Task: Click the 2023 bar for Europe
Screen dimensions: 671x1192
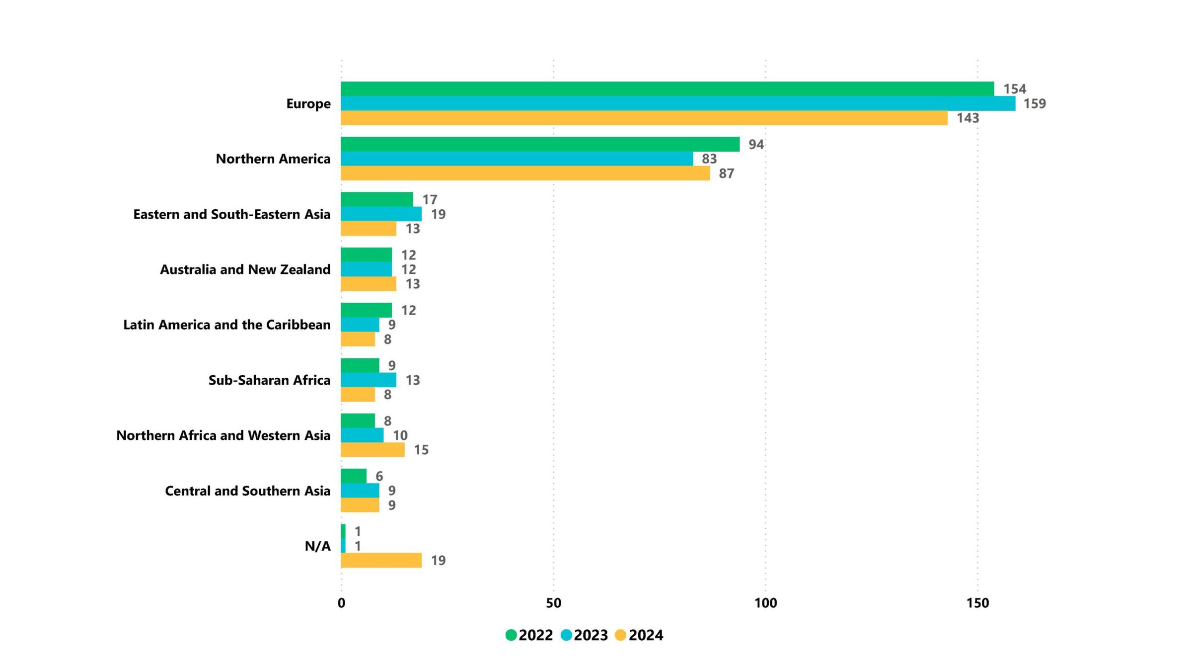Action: point(678,103)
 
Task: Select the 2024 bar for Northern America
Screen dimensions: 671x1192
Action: point(525,173)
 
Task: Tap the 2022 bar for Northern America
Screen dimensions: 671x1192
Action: point(540,144)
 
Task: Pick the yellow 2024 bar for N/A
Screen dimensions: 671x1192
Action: point(381,560)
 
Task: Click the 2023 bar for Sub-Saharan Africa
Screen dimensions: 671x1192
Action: point(369,380)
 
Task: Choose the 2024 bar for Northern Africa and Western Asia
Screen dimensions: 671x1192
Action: point(372,450)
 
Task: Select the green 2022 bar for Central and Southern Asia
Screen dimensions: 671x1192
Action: point(354,476)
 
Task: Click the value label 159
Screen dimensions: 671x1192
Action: point(1035,103)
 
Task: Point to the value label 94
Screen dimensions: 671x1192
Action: point(756,144)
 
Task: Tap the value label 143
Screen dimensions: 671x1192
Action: point(968,118)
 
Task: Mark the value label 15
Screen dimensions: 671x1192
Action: point(421,450)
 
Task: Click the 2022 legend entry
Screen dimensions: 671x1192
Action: point(529,635)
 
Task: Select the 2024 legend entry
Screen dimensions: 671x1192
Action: point(639,635)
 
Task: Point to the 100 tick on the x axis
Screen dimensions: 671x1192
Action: point(765,603)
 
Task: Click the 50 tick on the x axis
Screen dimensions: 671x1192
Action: point(553,603)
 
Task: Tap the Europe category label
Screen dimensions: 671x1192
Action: point(308,103)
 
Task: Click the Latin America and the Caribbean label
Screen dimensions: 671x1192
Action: point(226,325)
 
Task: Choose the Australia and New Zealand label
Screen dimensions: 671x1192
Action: point(245,269)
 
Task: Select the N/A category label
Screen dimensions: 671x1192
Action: point(317,546)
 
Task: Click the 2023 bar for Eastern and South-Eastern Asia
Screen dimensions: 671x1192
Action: point(381,214)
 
